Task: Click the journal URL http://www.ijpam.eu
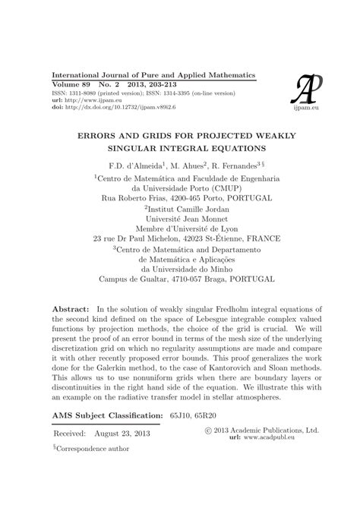point(90,100)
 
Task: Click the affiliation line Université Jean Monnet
point(180,216)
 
